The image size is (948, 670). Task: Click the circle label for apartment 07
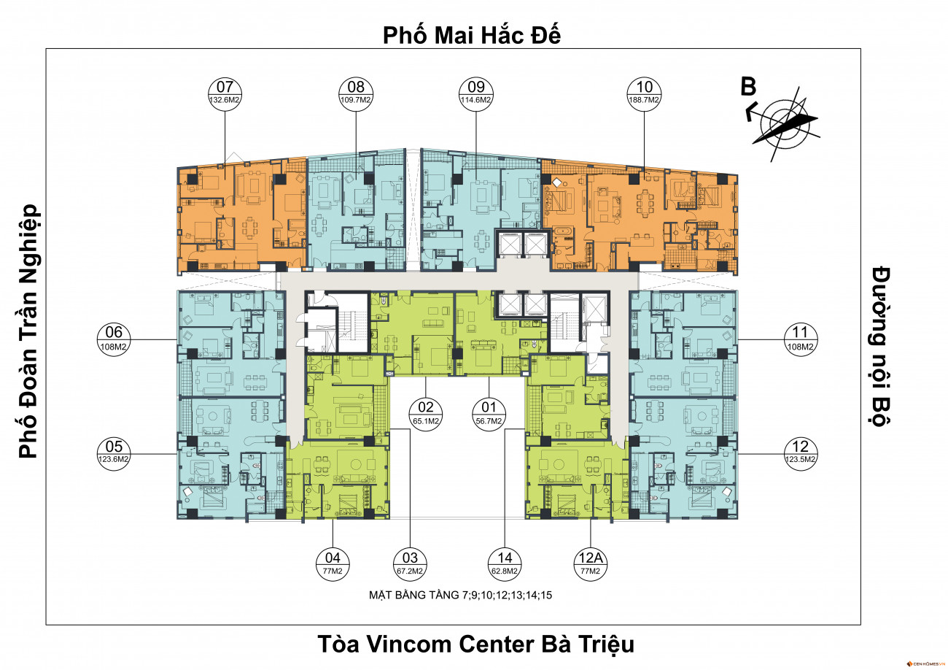pyautogui.click(x=225, y=92)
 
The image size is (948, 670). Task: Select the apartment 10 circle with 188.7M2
pyautogui.click(x=644, y=92)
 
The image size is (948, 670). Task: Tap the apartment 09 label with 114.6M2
pyautogui.click(x=475, y=92)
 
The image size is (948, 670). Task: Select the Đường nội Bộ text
pyautogui.click(x=882, y=345)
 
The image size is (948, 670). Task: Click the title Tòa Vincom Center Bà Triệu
pyautogui.click(x=475, y=645)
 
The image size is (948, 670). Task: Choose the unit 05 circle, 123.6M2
pyautogui.click(x=114, y=453)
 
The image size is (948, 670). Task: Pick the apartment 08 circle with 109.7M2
pyautogui.click(x=356, y=92)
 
